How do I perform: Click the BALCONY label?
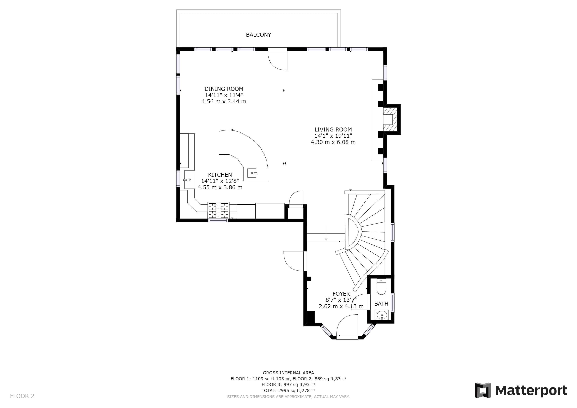258,35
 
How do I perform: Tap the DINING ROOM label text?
224,89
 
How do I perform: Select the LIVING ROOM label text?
333,130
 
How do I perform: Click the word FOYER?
341,294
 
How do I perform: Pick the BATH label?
381,304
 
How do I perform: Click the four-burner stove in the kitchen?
218,210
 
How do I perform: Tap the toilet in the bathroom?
381,286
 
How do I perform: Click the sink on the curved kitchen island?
252,173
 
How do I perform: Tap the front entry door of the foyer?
347,326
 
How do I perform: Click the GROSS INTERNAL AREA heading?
288,373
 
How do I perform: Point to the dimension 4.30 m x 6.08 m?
333,142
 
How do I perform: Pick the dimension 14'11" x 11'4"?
224,95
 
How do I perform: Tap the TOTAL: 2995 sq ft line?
288,391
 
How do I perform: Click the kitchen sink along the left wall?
189,179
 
